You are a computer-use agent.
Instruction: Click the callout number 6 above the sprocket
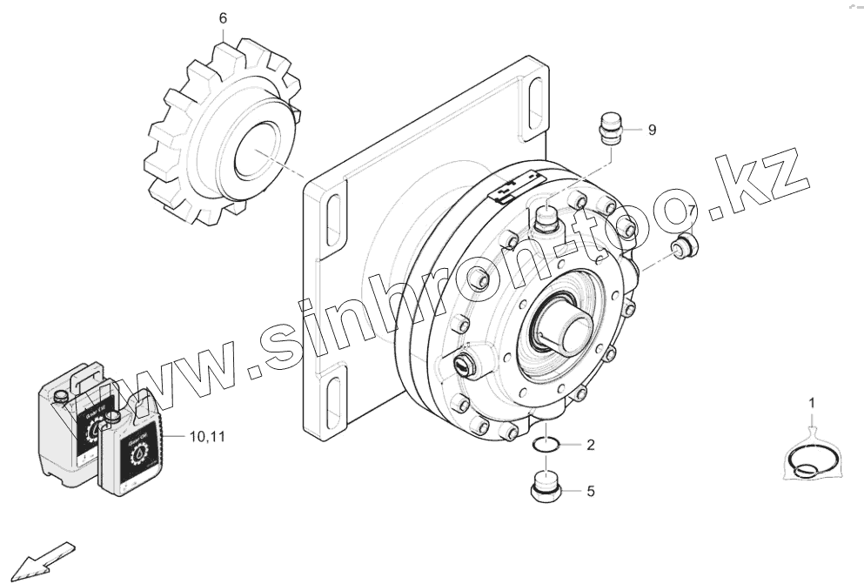click(223, 17)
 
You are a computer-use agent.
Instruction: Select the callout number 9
click(652, 131)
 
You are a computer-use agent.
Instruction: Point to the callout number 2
click(590, 446)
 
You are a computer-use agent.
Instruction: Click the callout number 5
click(590, 492)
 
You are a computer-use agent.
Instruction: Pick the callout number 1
click(813, 402)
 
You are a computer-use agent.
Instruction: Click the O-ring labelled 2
click(546, 445)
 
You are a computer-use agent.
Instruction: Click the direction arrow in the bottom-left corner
click(44, 557)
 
